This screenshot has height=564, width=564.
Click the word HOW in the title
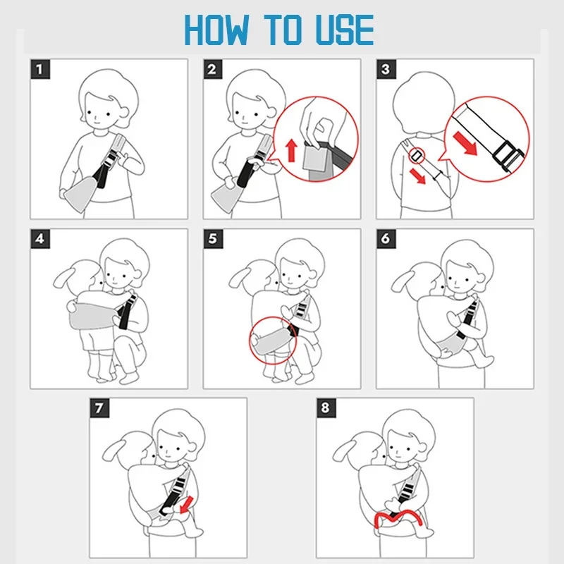(216, 30)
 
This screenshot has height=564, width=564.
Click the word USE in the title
(345, 30)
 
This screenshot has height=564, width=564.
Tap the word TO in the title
(283, 30)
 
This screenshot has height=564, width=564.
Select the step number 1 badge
(40, 69)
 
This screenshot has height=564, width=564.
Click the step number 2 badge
(213, 69)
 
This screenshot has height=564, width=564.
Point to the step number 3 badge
(386, 69)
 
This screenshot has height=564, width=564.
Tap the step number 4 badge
(40, 238)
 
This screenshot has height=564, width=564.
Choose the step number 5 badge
(213, 238)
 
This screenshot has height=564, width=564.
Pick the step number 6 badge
(386, 238)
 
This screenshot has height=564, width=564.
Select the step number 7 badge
(99, 408)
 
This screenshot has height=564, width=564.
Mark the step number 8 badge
(326, 408)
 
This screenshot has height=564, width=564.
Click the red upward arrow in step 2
(291, 150)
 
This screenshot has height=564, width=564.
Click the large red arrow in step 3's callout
(465, 143)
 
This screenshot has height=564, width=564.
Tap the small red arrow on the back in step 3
(417, 176)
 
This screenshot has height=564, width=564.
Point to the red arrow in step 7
(186, 504)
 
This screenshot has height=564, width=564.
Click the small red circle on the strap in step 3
(416, 156)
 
